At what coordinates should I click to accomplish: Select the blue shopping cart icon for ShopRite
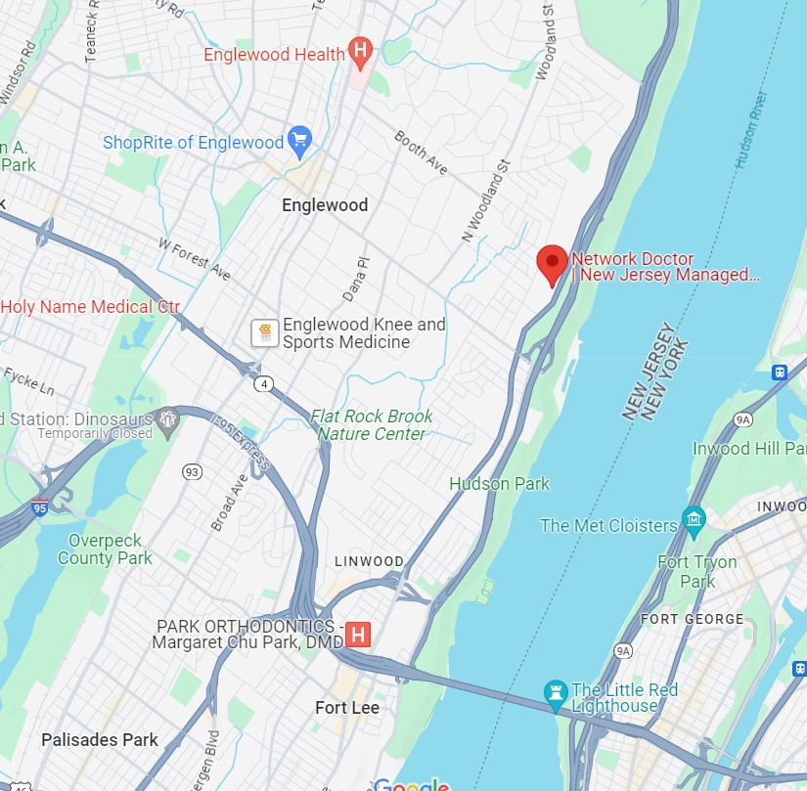click(x=299, y=142)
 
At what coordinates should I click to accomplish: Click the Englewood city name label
click(x=325, y=205)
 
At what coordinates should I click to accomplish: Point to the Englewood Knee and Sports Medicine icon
click(x=262, y=332)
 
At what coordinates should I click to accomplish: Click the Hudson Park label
click(x=499, y=483)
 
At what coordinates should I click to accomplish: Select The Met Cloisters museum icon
click(x=694, y=519)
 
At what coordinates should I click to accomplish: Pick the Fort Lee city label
click(x=347, y=707)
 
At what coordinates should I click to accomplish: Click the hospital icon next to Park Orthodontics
click(x=359, y=635)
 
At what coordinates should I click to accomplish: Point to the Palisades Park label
click(x=100, y=740)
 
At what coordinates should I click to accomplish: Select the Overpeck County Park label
click(x=105, y=549)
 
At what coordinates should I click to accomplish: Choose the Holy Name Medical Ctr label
click(x=90, y=306)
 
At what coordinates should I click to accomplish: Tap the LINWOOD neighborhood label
click(x=369, y=561)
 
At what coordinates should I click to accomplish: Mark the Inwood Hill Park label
click(x=749, y=449)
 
